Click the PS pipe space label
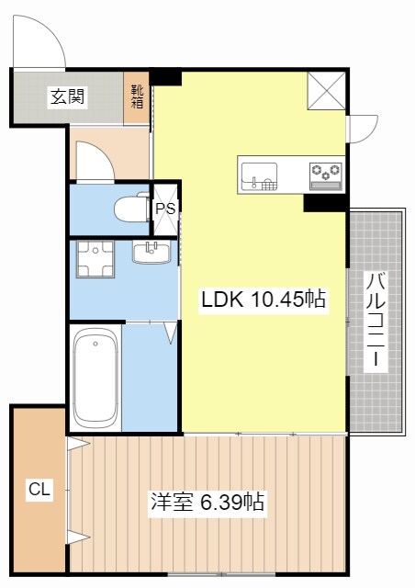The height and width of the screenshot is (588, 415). (165, 209)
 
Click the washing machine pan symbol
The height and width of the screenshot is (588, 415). (95, 259)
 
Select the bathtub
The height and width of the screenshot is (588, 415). (95, 378)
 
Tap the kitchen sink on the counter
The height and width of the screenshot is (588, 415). (259, 175)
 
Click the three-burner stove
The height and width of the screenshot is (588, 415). (325, 175)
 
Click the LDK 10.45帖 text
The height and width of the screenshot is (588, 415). (264, 299)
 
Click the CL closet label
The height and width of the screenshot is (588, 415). (39, 490)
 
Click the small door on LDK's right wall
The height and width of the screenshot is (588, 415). (362, 129)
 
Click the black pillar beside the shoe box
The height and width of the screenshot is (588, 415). (166, 77)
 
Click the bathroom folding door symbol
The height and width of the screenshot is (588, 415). (169, 332)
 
